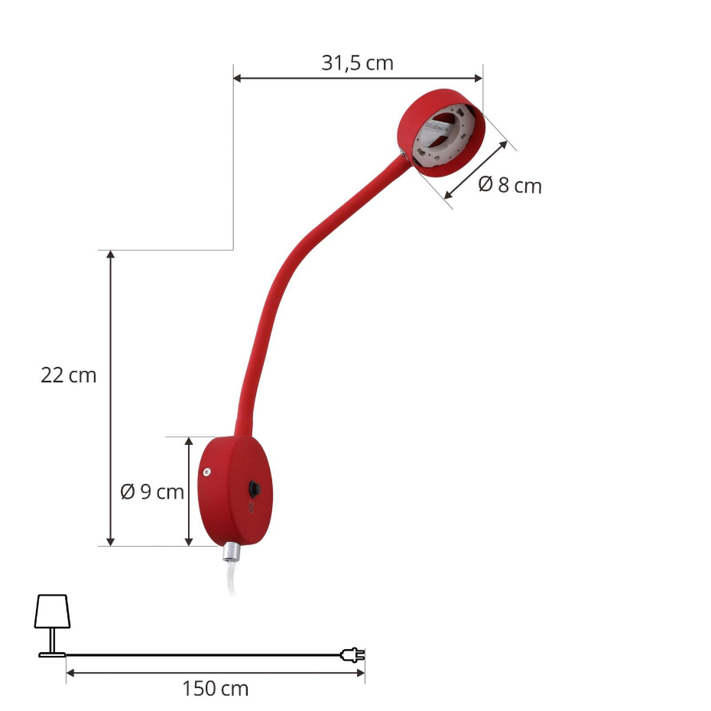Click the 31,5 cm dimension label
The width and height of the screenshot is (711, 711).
(357, 63)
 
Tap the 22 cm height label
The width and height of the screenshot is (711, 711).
(69, 375)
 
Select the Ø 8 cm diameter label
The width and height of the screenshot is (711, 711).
(510, 186)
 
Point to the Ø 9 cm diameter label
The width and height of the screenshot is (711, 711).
(152, 492)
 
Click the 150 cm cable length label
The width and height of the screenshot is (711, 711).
(216, 689)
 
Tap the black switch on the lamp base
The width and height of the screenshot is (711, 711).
(255, 489)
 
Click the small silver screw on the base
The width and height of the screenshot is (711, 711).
(206, 472)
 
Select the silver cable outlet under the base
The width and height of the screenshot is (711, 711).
(230, 551)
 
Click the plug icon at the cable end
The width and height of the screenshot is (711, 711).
(352, 655)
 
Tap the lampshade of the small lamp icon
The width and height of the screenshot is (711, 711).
(52, 612)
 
